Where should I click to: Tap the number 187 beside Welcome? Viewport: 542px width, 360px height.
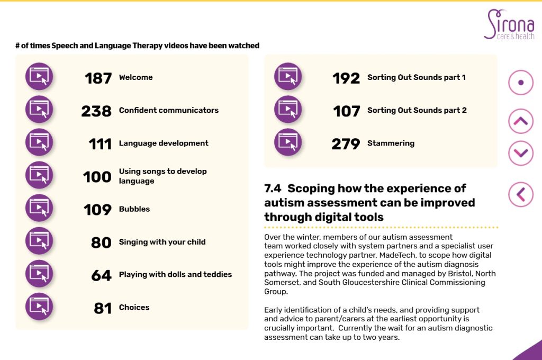[x=98, y=78]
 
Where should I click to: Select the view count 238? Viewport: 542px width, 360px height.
[x=96, y=111]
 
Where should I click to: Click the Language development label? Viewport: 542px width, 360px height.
[x=164, y=143]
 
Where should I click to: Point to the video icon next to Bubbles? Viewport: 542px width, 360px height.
[x=39, y=208]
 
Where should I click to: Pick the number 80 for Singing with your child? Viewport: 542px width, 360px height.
[x=101, y=242]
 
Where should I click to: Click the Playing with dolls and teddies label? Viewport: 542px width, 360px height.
[x=175, y=274]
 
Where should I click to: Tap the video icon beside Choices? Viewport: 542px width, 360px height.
[x=39, y=307]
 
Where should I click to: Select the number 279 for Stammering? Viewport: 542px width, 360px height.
[x=346, y=143]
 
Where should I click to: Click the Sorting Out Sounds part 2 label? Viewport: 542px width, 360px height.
[x=417, y=110]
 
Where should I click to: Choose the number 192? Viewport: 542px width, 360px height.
[x=346, y=78]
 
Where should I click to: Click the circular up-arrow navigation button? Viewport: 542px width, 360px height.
[x=521, y=121]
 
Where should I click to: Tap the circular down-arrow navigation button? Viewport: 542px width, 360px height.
[x=521, y=154]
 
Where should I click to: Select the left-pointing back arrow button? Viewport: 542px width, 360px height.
[x=521, y=194]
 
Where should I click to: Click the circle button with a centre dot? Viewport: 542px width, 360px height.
[x=521, y=83]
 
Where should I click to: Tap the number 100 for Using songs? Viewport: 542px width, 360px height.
[x=97, y=176]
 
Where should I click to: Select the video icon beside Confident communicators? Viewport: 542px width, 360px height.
[x=39, y=110]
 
